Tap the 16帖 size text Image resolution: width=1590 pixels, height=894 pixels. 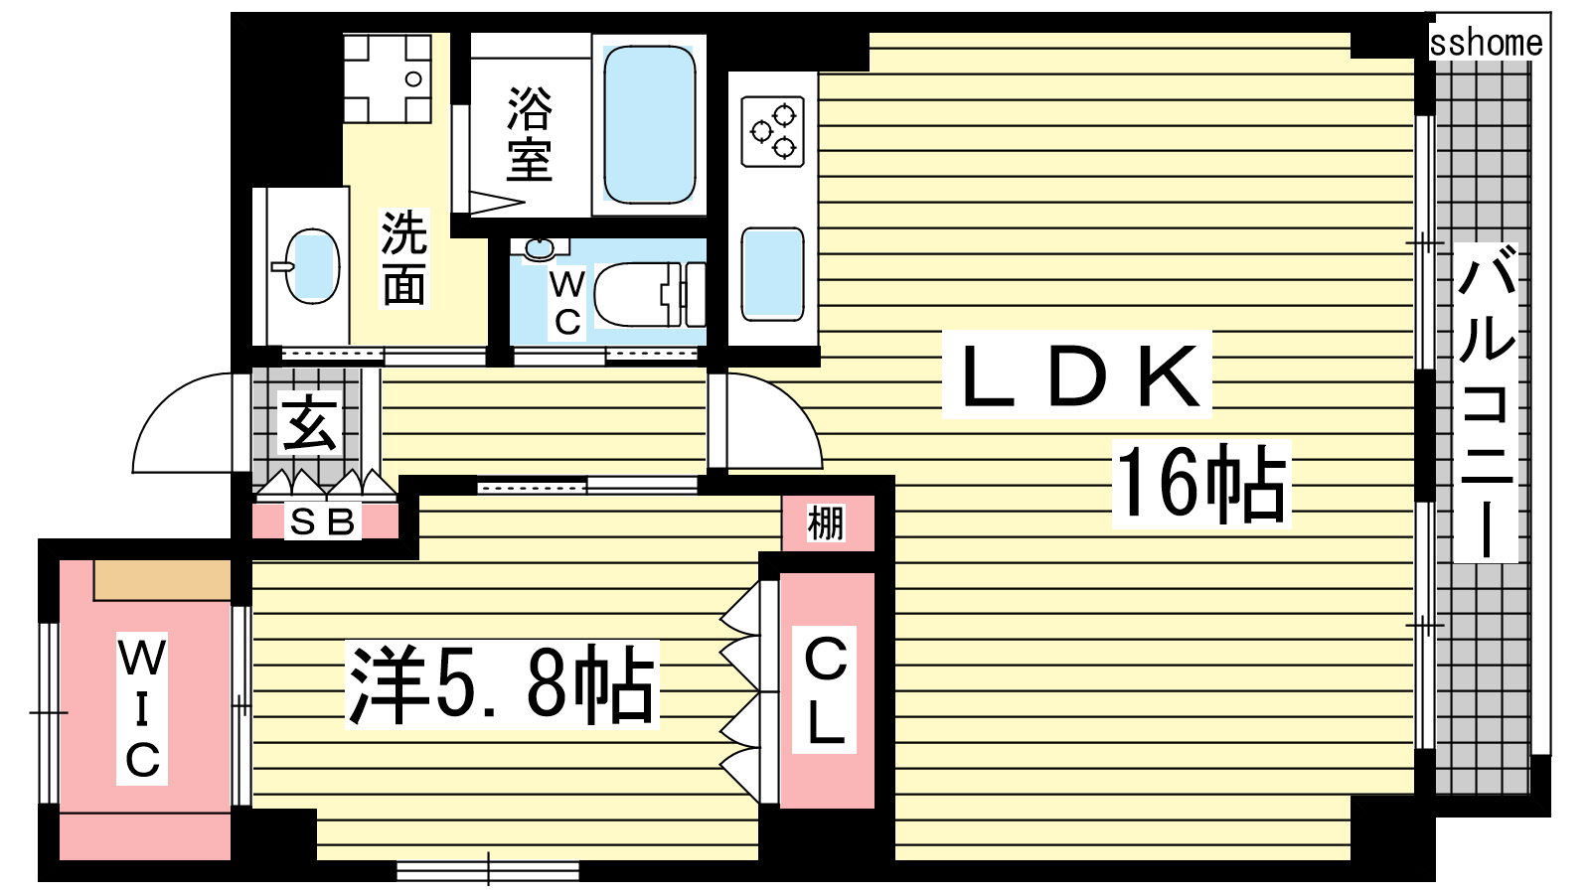pos(1200,484)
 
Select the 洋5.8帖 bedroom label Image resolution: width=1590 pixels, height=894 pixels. pos(501,684)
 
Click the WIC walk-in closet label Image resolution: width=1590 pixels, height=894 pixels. pos(142,708)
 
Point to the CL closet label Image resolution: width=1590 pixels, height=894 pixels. pos(825,689)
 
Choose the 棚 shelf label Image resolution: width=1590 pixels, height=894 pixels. pos(826,523)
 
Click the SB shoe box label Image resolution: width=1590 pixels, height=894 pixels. pos(322,522)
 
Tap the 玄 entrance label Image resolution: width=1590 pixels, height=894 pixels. pos(309,423)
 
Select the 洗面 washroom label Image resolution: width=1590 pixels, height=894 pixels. pos(404,258)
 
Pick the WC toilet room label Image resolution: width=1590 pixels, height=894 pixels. pos(567,303)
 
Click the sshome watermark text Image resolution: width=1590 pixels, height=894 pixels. pos(1486,43)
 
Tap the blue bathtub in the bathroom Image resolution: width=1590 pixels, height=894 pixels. pos(648,123)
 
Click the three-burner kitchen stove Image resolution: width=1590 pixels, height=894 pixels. pos(772,131)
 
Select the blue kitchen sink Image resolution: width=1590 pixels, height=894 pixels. pos(772,274)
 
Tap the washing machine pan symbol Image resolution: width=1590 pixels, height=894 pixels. pos(387,78)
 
